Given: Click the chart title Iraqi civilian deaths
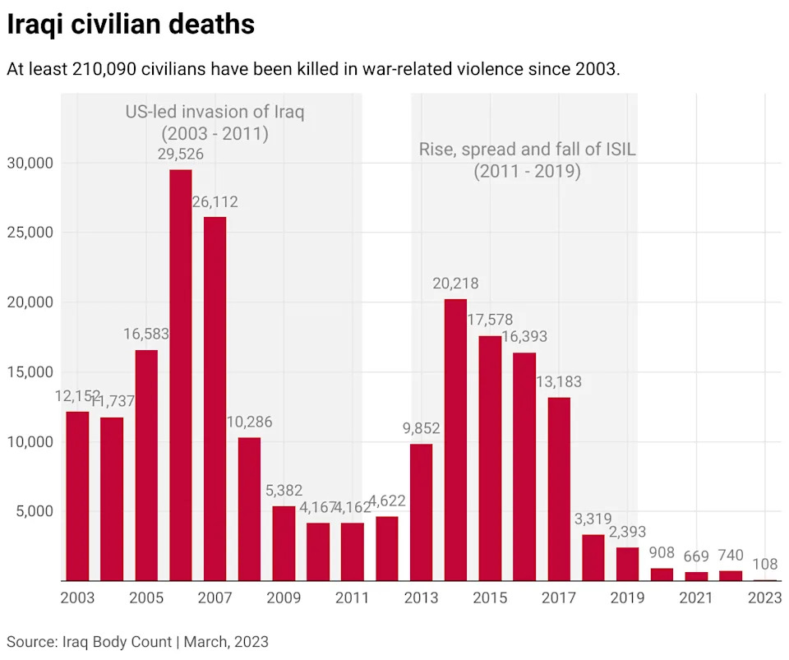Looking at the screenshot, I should [131, 25].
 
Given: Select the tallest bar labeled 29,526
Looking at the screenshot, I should [181, 375].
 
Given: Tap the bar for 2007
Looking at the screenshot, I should [215, 399].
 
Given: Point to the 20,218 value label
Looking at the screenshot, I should [455, 284].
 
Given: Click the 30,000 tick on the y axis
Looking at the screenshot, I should [30, 163].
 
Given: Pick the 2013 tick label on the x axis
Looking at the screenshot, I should [421, 598].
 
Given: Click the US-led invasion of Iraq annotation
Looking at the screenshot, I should [215, 112].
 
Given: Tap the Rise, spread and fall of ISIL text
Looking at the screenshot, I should [528, 150].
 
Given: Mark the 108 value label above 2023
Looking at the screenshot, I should [764, 565].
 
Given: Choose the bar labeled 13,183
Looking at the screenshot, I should [559, 489].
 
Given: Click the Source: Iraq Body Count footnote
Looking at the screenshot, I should [137, 641].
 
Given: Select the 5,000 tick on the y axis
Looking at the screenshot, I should [35, 511].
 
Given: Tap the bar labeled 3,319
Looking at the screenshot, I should [593, 557].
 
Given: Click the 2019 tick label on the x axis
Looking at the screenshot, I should [627, 598].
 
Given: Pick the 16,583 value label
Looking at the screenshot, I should [146, 335].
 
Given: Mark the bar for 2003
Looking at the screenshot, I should [77, 496].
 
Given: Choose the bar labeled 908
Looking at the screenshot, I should [662, 574].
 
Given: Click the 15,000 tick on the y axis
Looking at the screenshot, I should [30, 372].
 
